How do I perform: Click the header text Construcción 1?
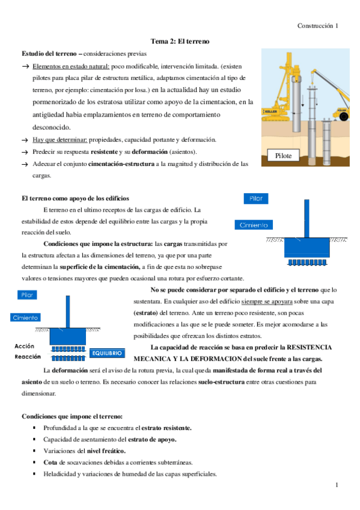pos(318,26)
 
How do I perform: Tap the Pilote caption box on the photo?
pos(283,156)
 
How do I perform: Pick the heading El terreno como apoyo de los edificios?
pos(75,198)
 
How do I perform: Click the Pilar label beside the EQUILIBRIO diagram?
pos(27,295)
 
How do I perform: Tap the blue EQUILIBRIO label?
pos(108,353)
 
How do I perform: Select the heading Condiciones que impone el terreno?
pos(72,416)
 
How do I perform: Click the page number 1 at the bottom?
pos(337,485)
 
